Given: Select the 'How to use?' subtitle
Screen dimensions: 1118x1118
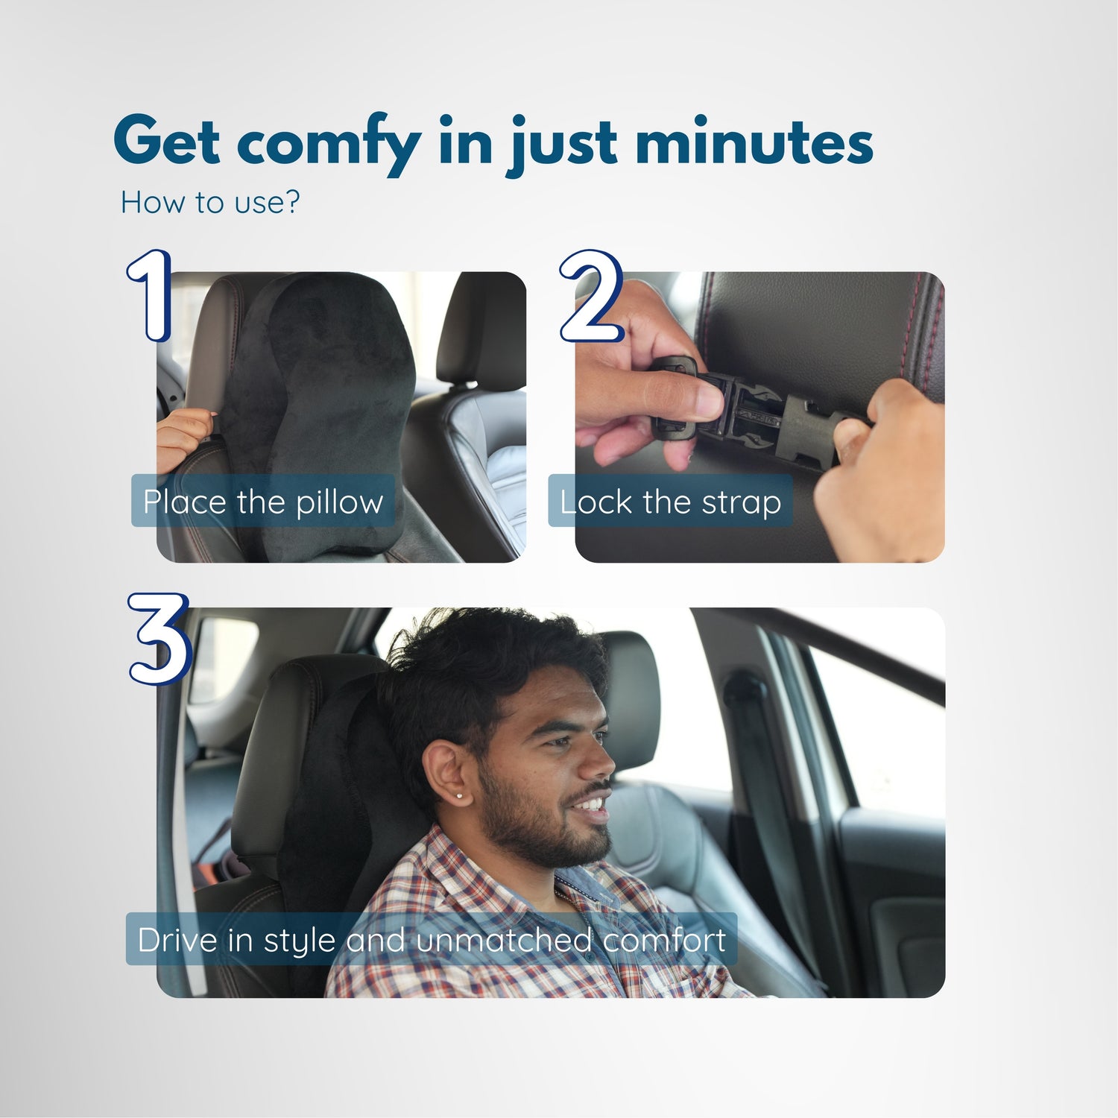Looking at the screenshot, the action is [210, 202].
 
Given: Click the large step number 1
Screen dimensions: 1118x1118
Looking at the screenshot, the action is [150, 296].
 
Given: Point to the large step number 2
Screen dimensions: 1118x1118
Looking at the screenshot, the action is [591, 296].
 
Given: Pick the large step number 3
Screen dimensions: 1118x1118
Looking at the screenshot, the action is [159, 638].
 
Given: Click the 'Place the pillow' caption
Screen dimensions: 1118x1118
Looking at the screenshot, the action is [263, 502].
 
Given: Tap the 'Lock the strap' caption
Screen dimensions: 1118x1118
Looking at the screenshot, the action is [671, 502].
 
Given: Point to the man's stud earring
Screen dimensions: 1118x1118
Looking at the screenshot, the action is [459, 796].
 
